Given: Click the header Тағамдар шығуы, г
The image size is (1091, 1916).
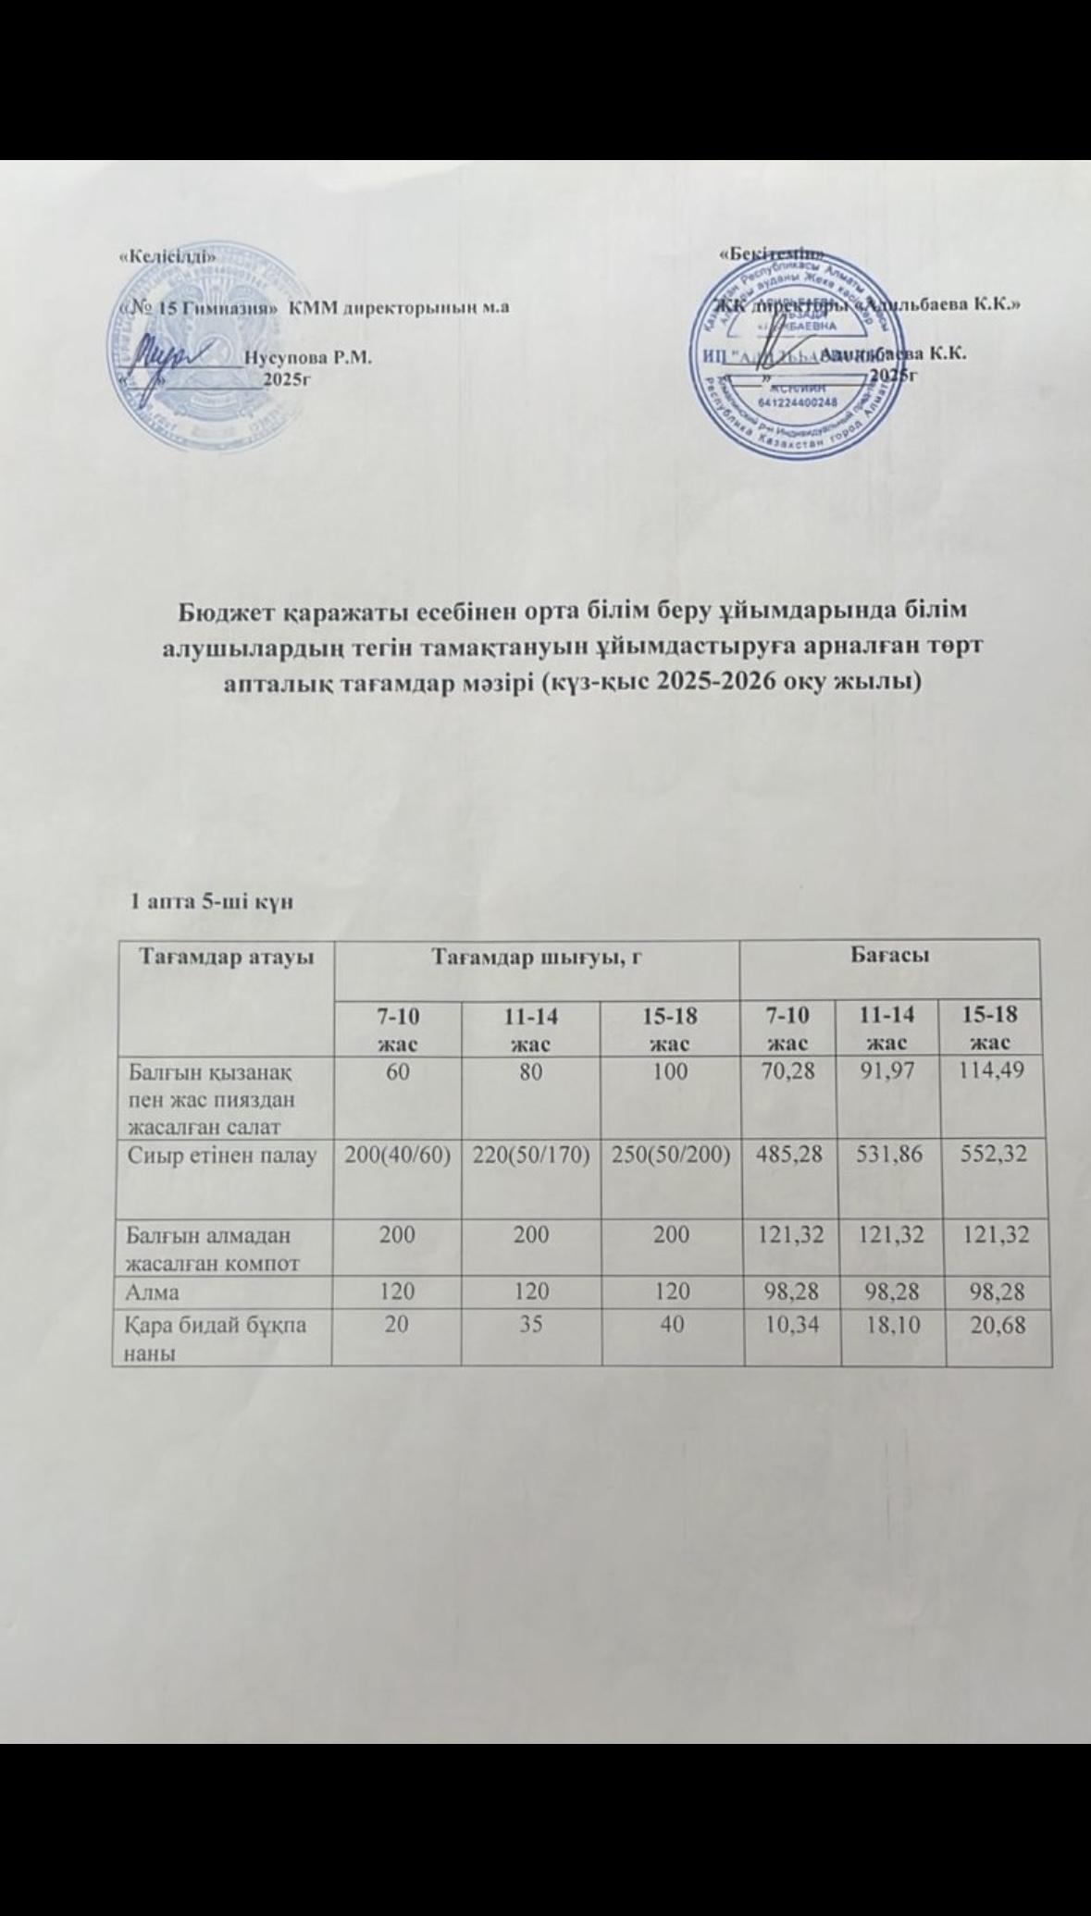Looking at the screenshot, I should pyautogui.click(x=539, y=958).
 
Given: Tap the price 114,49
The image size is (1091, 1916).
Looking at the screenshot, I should pyautogui.click(x=996, y=1074).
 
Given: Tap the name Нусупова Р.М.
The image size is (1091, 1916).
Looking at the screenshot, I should pyautogui.click(x=307, y=356).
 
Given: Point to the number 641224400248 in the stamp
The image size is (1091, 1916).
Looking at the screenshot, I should pyautogui.click(x=797, y=402).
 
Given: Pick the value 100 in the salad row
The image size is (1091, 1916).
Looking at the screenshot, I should pyautogui.click(x=669, y=1074).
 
